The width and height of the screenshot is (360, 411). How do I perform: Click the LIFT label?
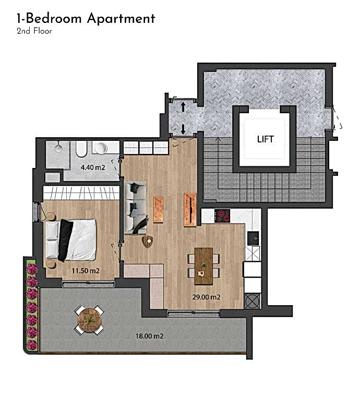(x=265, y=139)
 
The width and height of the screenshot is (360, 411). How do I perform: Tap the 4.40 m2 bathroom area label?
(x=93, y=168)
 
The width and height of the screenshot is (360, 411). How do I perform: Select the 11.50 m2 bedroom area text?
(x=86, y=271)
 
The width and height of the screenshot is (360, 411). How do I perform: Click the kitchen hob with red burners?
(x=223, y=214)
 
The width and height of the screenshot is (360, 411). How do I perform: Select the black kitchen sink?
(x=253, y=237)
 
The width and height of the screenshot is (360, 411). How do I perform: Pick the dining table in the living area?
(x=203, y=265)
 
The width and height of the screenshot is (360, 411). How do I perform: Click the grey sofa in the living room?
(x=136, y=208)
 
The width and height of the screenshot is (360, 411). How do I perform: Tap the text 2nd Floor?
(x=34, y=31)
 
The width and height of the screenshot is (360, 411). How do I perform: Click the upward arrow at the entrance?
(x=183, y=107)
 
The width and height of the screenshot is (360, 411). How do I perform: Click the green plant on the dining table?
(x=204, y=265)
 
